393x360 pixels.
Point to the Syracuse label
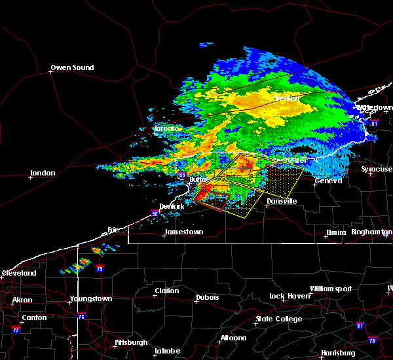coord(377,169)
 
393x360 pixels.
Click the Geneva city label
coord(328,181)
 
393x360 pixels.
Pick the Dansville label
coord(280,201)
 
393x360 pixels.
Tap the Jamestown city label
coord(183,232)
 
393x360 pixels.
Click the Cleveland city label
coord(18,273)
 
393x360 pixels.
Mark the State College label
coord(278,319)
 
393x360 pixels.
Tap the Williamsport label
coord(330,289)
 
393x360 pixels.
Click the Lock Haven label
coord(288,297)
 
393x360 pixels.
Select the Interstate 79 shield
coord(100,268)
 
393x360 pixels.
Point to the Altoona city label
coord(233,338)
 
